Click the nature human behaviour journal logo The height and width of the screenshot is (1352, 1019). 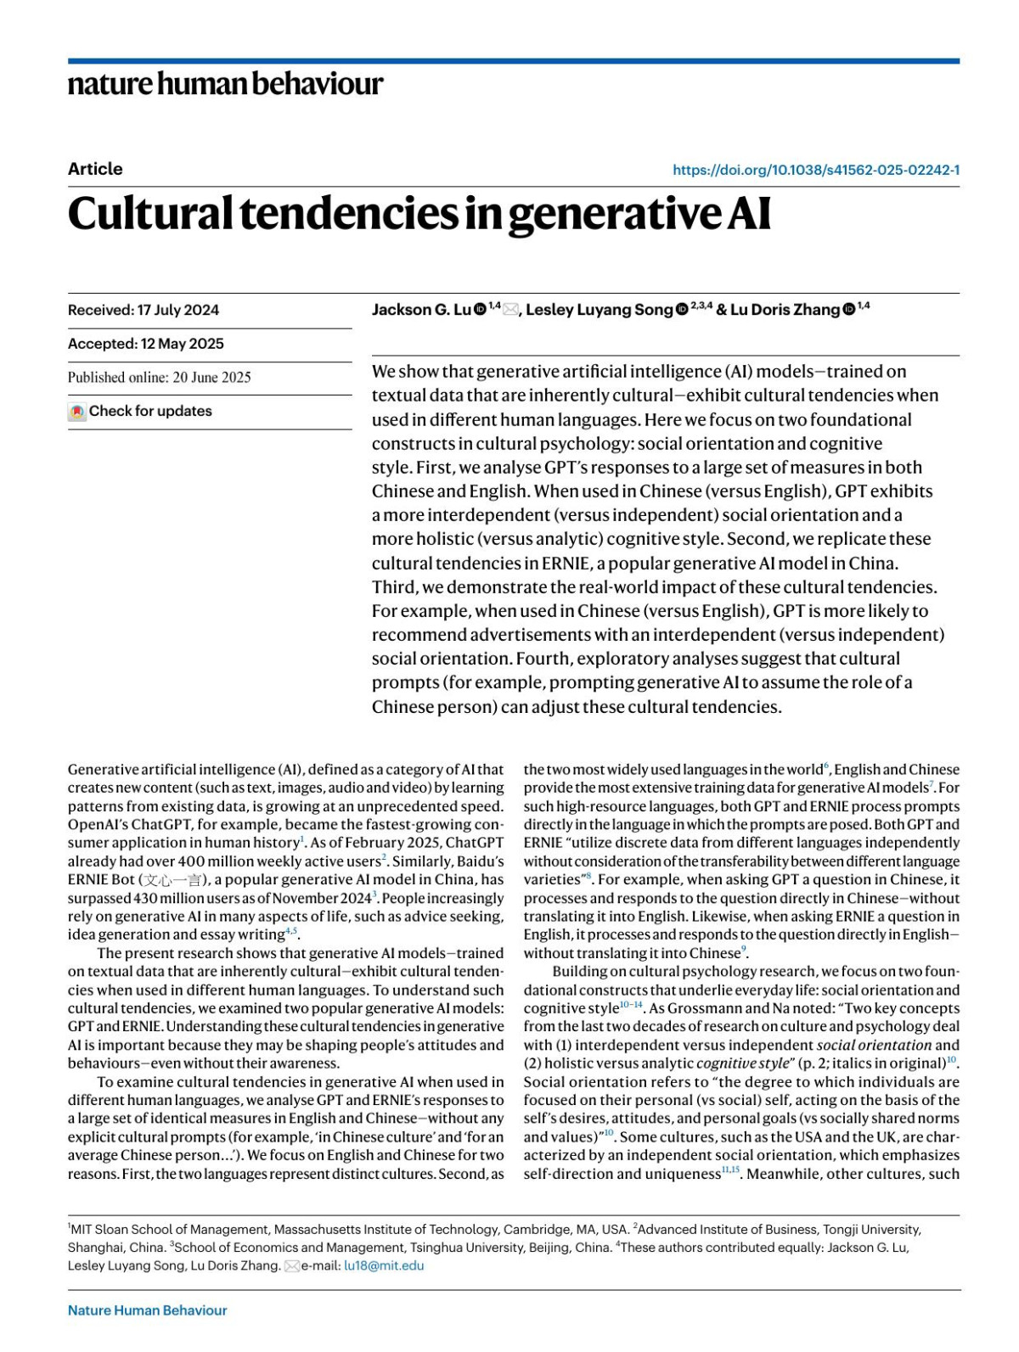(225, 84)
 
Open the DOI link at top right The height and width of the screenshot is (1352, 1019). (815, 170)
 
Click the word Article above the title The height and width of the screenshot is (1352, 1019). (95, 169)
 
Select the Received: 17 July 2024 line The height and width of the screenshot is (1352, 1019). (144, 310)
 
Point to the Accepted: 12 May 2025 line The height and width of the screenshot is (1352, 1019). (146, 344)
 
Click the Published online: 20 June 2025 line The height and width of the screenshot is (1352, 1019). (160, 378)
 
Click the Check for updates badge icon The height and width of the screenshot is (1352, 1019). (77, 412)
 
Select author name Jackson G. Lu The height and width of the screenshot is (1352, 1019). (420, 310)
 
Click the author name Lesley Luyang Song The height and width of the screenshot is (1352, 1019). (599, 310)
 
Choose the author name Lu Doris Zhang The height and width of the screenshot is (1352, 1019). (785, 310)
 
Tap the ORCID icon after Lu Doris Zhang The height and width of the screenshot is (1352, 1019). (848, 310)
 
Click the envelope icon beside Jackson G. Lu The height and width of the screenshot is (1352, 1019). (510, 310)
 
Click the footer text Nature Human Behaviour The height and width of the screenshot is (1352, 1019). (147, 1310)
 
